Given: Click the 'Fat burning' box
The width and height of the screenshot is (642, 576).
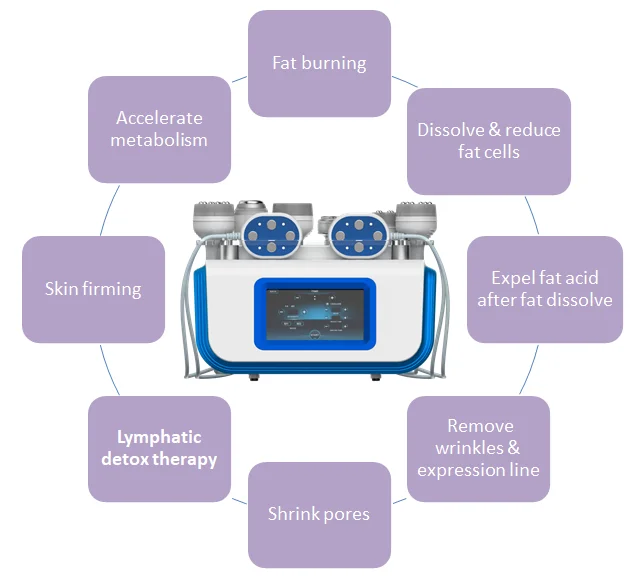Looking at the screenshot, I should click(319, 63).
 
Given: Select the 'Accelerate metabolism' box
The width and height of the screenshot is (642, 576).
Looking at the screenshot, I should click(160, 130).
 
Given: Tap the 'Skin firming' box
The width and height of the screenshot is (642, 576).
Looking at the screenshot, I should click(93, 289).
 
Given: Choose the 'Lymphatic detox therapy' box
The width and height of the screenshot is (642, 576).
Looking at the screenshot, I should click(160, 449).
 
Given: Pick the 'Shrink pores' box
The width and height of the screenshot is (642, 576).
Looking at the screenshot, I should click(319, 515).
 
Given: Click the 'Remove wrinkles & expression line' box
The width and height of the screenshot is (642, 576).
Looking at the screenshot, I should click(478, 449).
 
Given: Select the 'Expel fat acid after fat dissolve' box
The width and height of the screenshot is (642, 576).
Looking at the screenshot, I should click(545, 289).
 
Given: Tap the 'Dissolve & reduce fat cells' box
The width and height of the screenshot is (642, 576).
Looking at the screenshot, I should click(488, 141).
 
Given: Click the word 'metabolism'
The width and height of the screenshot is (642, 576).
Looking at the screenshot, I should click(160, 141).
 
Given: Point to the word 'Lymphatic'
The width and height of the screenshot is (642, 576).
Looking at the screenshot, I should click(159, 437).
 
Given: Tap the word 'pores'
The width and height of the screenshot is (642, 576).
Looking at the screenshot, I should click(346, 515).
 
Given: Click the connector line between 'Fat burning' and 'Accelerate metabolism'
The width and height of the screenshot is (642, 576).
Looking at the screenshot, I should click(240, 76).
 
